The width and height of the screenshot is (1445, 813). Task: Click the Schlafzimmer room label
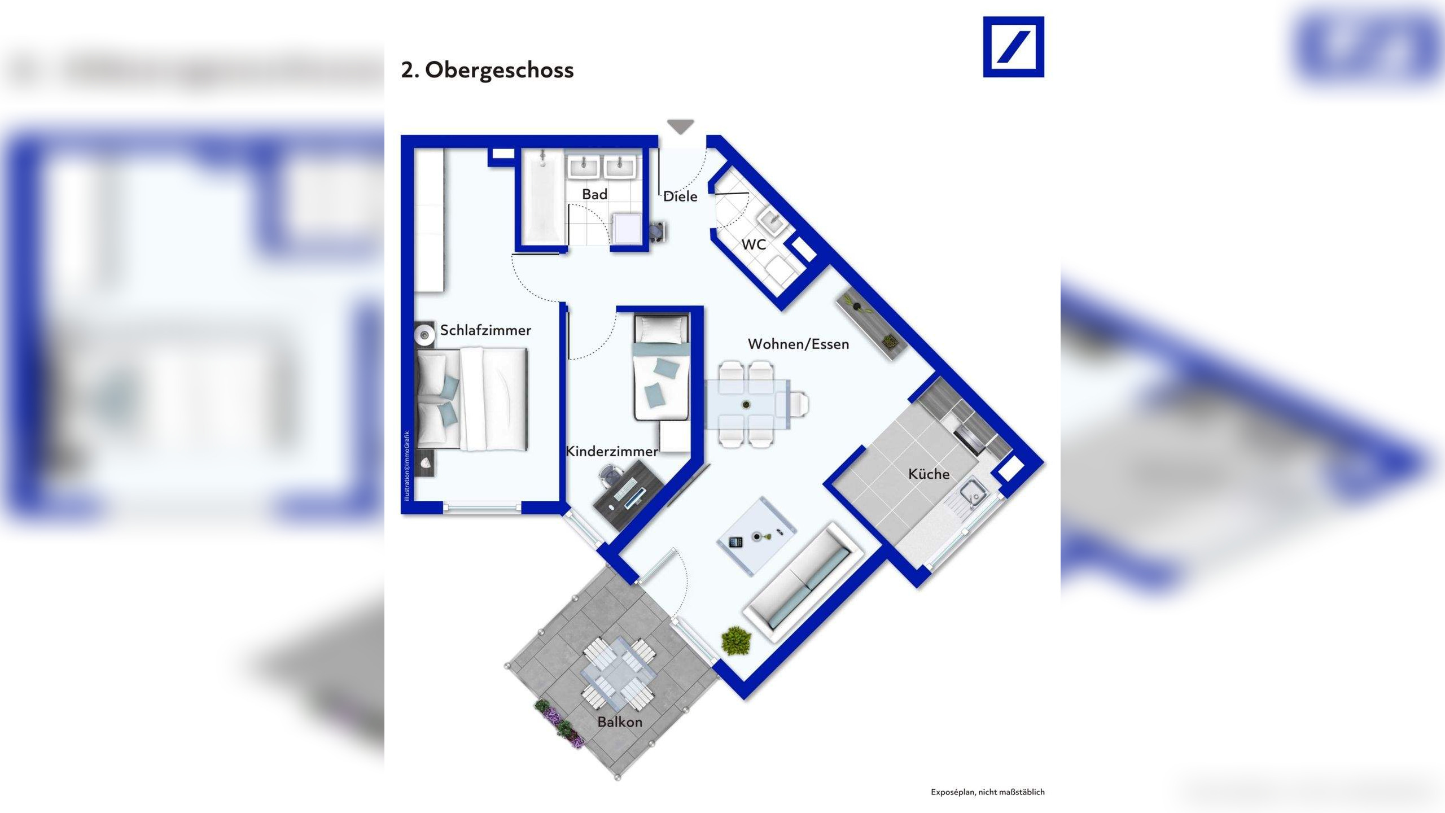tap(485, 330)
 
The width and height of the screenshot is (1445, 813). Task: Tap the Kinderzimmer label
tap(612, 451)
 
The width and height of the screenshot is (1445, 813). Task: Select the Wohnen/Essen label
tap(798, 344)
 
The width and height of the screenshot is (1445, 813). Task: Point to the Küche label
tap(929, 474)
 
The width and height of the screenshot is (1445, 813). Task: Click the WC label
tap(754, 244)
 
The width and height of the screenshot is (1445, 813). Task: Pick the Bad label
tap(594, 194)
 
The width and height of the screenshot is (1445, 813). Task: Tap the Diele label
tap(680, 196)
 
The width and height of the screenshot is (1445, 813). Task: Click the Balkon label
tap(620, 722)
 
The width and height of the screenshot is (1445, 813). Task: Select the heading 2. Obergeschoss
tap(487, 70)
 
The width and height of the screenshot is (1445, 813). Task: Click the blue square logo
tap(1013, 47)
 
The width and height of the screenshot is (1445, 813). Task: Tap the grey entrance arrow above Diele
tap(680, 126)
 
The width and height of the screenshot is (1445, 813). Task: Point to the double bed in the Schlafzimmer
tap(472, 399)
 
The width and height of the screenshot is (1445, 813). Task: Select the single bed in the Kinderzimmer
tap(662, 368)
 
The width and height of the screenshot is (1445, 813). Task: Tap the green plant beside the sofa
tap(736, 641)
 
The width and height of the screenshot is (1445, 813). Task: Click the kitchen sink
tap(973, 491)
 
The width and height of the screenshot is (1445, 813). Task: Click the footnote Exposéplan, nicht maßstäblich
tap(987, 792)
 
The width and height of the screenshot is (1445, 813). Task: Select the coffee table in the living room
tap(756, 536)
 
